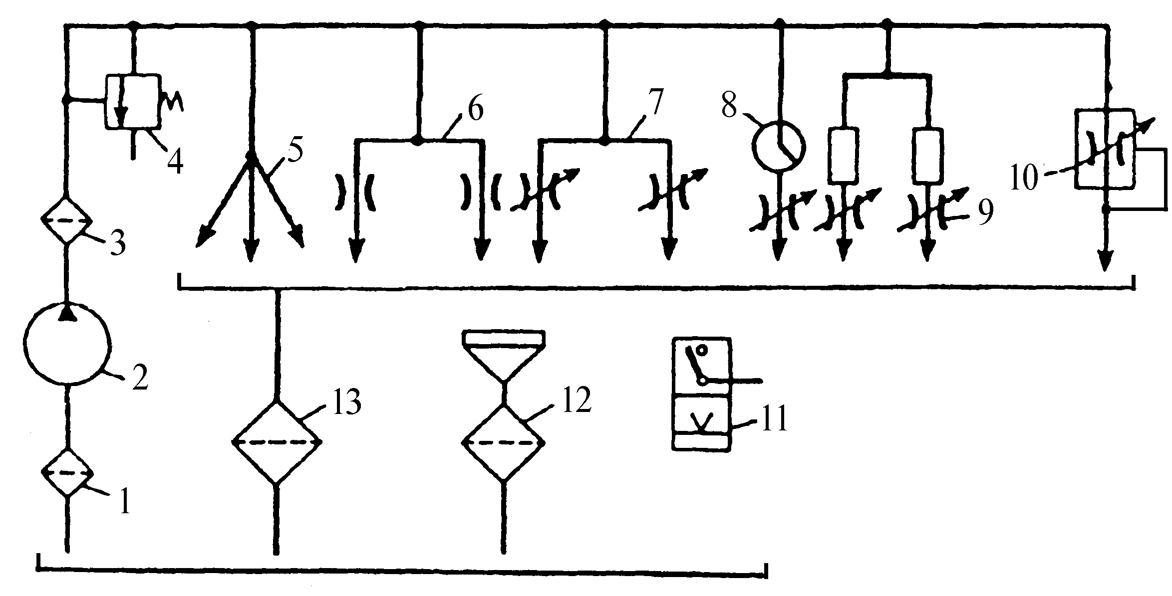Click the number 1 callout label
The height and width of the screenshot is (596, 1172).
coord(125,502)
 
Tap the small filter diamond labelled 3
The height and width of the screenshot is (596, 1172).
coord(66,220)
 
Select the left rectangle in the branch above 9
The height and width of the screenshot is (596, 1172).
coord(843,156)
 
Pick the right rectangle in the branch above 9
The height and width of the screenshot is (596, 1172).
coord(927,156)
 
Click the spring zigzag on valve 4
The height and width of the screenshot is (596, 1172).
coord(171,103)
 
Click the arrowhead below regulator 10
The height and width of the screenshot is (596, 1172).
coord(1106,262)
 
